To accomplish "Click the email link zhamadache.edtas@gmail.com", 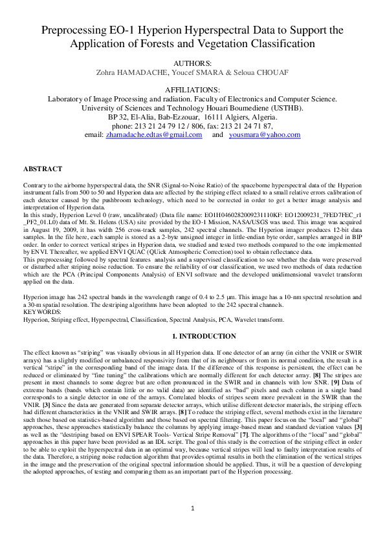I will coord(154,135).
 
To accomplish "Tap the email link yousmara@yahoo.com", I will coord(265,135).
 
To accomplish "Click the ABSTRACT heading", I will coord(43,169).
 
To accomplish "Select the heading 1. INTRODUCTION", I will coord(192,337).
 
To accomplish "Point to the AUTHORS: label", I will coord(193,63).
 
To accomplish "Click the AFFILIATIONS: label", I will coord(193,90).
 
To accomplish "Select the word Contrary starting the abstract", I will coord(35,185).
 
